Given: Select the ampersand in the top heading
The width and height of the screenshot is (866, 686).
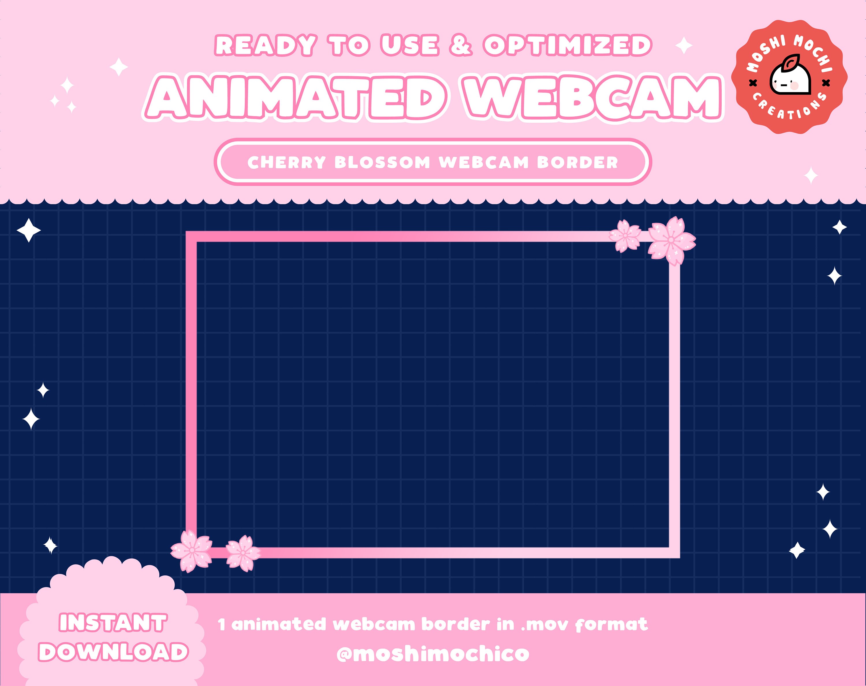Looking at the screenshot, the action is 460,45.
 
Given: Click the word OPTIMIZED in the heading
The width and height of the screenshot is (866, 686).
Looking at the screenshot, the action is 567,45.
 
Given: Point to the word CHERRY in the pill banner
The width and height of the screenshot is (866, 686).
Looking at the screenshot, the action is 287,163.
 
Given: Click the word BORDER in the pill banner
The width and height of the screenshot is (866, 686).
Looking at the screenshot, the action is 577,163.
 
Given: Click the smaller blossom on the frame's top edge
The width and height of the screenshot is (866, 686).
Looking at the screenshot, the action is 625,236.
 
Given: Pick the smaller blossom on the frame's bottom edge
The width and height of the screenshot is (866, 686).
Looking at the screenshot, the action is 243,553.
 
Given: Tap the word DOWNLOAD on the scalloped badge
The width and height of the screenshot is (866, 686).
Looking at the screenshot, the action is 113,652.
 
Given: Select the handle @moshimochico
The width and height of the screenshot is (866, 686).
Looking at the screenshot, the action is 433,654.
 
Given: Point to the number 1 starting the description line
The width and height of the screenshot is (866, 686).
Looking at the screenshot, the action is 222,625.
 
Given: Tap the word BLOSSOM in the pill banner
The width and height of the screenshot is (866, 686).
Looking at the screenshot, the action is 382,163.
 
